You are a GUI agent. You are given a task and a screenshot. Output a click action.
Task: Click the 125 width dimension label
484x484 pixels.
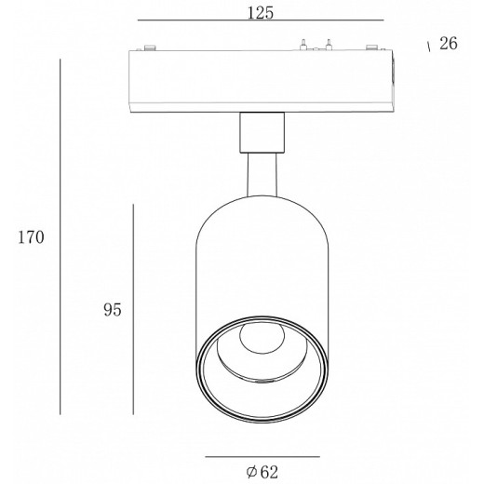click(x=261, y=13)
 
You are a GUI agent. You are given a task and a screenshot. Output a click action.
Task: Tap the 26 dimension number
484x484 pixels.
click(x=449, y=44)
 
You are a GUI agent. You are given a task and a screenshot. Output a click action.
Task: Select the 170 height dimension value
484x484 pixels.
click(x=31, y=237)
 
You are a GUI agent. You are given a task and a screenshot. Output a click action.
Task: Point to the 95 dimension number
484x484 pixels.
click(x=113, y=310)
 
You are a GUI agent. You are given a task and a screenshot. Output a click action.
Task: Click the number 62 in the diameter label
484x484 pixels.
click(x=269, y=472)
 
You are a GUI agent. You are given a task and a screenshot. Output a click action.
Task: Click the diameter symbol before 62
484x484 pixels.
click(x=251, y=472)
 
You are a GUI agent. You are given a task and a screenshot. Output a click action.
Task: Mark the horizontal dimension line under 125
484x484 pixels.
click(x=261, y=20)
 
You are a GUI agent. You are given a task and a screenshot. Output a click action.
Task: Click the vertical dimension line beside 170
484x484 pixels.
click(x=60, y=236)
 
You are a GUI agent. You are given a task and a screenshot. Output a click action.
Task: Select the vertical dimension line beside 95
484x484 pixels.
click(x=133, y=309)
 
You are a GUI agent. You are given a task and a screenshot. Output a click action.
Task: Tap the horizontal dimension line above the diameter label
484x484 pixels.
click(x=262, y=457)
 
